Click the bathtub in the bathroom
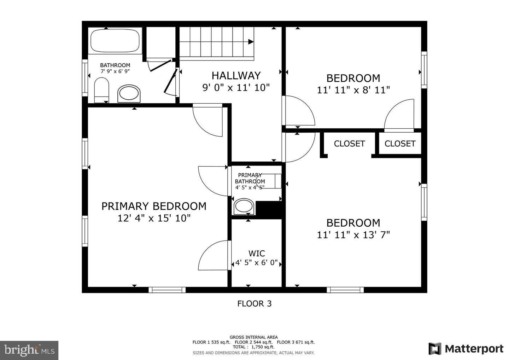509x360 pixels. click(115, 41)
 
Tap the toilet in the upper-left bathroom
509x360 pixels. click(101, 90)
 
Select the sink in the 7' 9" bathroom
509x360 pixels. click(129, 93)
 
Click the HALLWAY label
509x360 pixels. click(236, 75)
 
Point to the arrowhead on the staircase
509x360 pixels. click(251, 42)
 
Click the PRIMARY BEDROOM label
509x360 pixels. click(154, 206)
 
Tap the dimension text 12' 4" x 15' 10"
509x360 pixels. click(154, 218)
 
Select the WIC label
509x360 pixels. click(257, 254)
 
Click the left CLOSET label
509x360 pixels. click(349, 144)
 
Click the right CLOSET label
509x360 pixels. click(400, 144)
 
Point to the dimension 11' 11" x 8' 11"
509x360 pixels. click(353, 90)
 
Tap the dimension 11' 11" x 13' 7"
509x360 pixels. click(353, 235)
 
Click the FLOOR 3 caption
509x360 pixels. click(254, 303)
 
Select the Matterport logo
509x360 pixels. click(466, 349)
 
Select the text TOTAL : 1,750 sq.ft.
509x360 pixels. click(253, 347)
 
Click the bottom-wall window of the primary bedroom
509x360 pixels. click(167, 290)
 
